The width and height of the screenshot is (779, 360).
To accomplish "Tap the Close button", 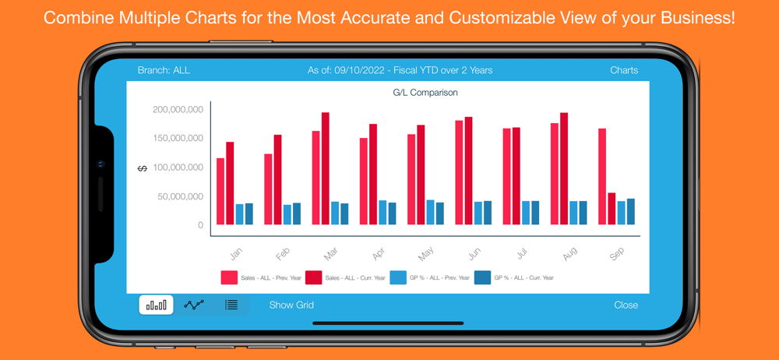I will (x=626, y=305).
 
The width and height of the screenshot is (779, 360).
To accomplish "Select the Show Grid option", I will (x=291, y=305).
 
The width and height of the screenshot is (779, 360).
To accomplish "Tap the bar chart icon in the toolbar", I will (x=156, y=305).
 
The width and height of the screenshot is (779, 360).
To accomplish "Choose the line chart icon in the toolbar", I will (x=194, y=305).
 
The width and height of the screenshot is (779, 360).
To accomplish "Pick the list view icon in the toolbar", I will (x=231, y=305).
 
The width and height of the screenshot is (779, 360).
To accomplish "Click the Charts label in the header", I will (x=624, y=70).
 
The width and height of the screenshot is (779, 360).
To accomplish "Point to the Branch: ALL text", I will (x=164, y=70).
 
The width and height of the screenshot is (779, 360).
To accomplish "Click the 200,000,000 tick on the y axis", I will (x=178, y=110).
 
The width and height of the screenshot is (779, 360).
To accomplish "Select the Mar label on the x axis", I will (x=330, y=254).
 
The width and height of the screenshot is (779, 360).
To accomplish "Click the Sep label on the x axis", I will (x=616, y=254).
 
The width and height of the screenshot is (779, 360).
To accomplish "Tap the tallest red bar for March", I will (x=326, y=168).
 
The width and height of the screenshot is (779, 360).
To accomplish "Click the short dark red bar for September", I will (x=612, y=209).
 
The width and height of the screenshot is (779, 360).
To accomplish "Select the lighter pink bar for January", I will (x=220, y=192).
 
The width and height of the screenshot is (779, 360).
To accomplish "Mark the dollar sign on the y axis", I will (x=142, y=168).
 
